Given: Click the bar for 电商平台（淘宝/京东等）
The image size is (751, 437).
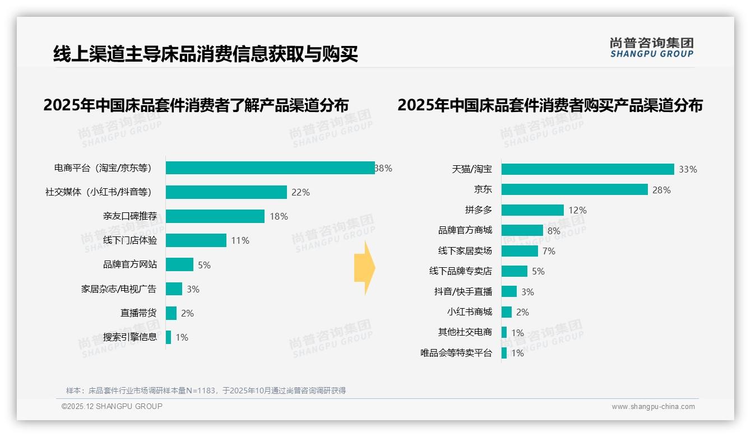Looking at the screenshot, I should coord(270,168).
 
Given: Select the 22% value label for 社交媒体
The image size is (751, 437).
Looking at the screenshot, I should coord(300,192).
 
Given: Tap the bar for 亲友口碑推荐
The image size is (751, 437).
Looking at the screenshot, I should coord(215,216).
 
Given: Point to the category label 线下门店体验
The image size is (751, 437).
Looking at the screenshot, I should coord(130,240).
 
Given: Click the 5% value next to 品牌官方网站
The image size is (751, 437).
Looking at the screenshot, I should coord(204,265).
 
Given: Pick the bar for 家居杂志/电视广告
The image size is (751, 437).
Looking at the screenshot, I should coord(174,289).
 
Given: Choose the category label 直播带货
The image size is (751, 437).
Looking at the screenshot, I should coord(138,313).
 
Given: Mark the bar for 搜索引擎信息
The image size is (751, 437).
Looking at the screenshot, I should coord(169,337).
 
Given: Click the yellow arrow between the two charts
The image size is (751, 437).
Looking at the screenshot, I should coord(364,268).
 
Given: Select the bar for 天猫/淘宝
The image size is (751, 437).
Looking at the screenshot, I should coord(587,169).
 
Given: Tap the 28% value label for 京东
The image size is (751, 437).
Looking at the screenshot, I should coord(661,190).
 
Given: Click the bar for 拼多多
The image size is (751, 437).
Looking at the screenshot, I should coord(532,210).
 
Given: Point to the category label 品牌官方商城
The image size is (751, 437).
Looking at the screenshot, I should coord(465,230).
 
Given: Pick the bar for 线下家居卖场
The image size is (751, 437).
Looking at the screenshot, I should coord(520,251).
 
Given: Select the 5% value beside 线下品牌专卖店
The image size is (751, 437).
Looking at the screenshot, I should coord(538,271).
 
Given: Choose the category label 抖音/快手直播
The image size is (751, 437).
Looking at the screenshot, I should coord(463,292).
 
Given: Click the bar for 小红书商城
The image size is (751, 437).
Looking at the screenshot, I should coord(507,312).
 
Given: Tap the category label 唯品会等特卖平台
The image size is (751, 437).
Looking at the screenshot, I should coord(456,353).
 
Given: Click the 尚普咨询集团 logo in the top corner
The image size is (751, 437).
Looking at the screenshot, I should coord(651,47).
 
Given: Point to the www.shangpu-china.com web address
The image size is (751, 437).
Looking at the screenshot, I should coord(653,407).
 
